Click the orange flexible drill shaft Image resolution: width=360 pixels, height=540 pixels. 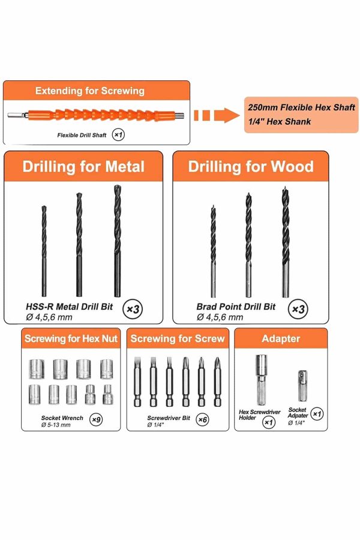96,115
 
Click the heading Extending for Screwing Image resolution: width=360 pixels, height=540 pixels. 90,91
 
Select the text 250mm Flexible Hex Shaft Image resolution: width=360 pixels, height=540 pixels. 301,107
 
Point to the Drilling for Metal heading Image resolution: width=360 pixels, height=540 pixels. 83,167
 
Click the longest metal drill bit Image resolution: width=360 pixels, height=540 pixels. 118,241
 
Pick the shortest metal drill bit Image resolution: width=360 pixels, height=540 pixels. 44,251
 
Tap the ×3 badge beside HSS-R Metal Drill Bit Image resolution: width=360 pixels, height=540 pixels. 133,309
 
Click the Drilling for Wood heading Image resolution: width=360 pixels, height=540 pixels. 251,167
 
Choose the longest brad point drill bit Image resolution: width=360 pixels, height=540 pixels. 285,242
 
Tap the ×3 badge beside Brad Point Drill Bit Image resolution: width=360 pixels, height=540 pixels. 298,309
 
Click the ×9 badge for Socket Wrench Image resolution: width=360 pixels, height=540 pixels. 96,419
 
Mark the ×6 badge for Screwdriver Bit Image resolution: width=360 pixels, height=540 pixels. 202,419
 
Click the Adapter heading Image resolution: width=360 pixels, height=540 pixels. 281,338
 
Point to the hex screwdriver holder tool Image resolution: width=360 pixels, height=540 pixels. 262,380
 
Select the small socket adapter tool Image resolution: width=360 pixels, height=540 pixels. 302,386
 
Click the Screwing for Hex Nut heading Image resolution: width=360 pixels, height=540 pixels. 71,338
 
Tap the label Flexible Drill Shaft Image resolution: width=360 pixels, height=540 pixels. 82,136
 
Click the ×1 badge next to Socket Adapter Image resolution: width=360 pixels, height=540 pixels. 317,413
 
